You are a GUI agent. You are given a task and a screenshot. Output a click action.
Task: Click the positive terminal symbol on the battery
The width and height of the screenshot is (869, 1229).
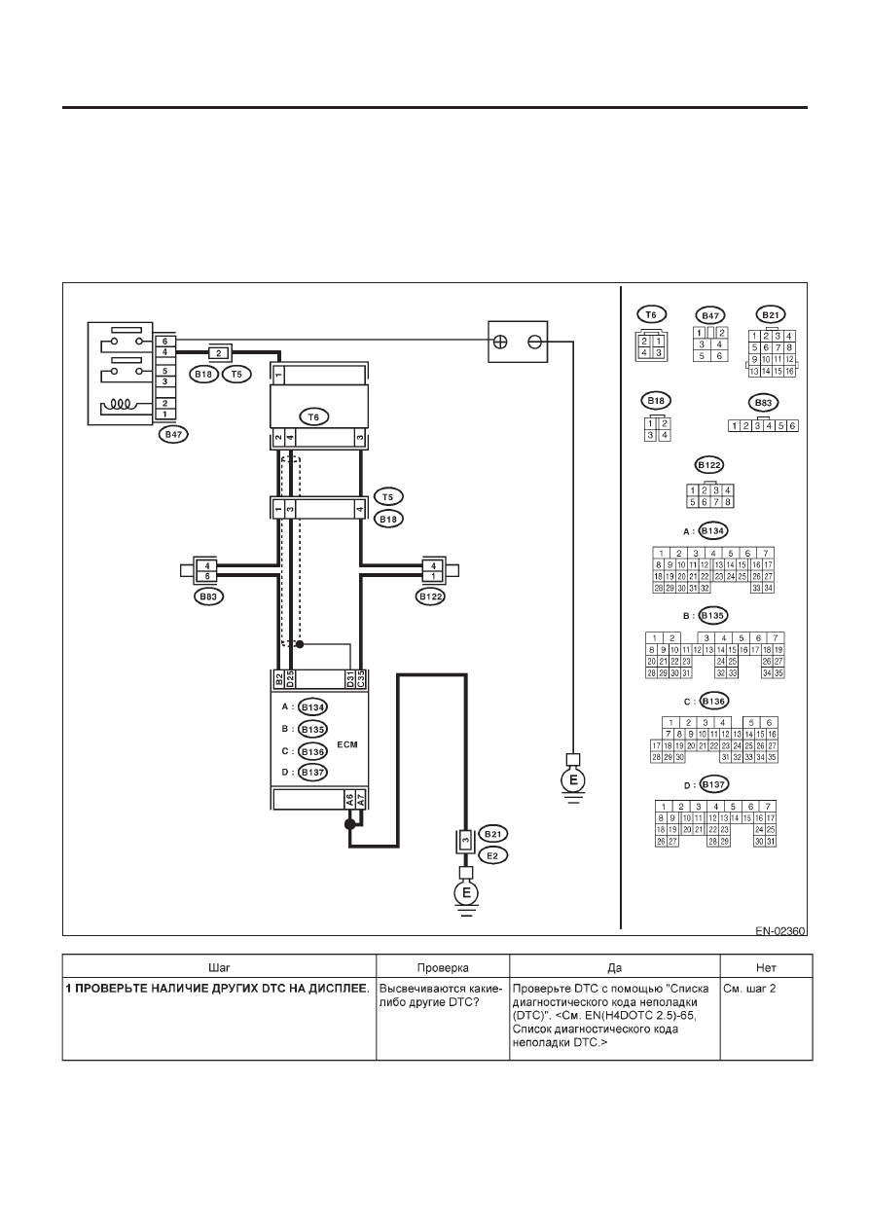[500, 342]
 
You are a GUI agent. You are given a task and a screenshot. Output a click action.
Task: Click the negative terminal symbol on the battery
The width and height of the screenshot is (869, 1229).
[534, 342]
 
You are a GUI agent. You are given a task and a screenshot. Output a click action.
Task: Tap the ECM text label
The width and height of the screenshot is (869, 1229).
[347, 744]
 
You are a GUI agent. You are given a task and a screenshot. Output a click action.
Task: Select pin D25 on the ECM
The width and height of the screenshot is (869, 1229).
[290, 678]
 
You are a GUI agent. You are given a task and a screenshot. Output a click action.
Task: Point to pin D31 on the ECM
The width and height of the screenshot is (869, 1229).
[350, 678]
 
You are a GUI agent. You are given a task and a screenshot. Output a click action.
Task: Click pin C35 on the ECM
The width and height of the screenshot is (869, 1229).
[360, 678]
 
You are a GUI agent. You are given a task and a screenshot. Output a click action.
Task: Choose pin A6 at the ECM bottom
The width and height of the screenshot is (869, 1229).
[349, 801]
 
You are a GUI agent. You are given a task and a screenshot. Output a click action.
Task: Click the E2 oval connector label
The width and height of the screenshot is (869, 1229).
[492, 855]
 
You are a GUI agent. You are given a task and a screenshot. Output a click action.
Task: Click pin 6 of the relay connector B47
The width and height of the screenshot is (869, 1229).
[164, 342]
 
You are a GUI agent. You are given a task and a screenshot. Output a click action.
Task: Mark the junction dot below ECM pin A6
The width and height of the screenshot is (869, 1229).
[349, 824]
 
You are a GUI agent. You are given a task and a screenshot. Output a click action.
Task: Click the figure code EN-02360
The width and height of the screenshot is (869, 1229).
[780, 931]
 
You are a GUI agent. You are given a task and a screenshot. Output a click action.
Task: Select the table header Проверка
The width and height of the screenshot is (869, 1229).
[443, 968]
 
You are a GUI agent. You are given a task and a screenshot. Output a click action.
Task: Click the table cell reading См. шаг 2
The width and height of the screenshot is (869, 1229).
[749, 989]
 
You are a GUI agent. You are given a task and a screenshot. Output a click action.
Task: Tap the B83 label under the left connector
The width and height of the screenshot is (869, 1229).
[208, 596]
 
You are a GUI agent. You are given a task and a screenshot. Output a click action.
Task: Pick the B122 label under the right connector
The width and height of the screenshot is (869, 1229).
[430, 596]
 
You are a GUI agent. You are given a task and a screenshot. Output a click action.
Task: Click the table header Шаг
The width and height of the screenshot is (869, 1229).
[220, 968]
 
